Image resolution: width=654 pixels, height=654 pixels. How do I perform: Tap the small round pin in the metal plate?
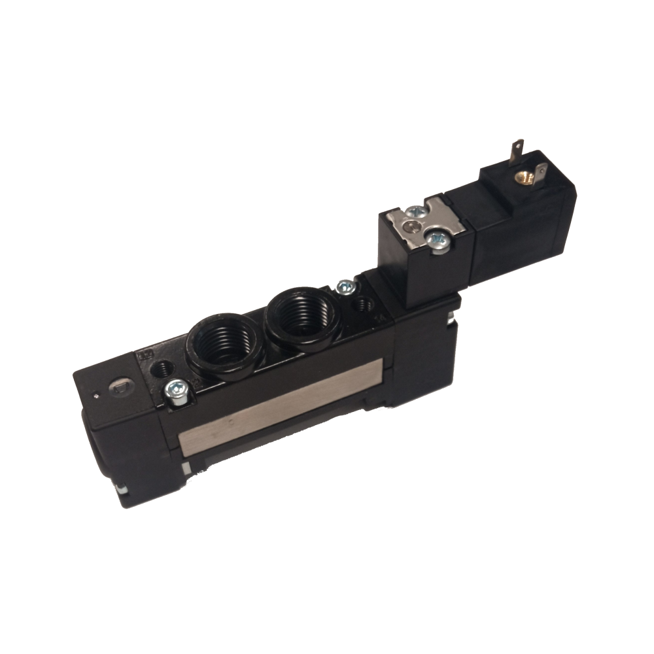[x=411, y=226]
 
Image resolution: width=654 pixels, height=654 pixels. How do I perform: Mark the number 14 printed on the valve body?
[x=381, y=318]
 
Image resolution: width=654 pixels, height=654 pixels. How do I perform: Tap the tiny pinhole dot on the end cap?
[x=96, y=394]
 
